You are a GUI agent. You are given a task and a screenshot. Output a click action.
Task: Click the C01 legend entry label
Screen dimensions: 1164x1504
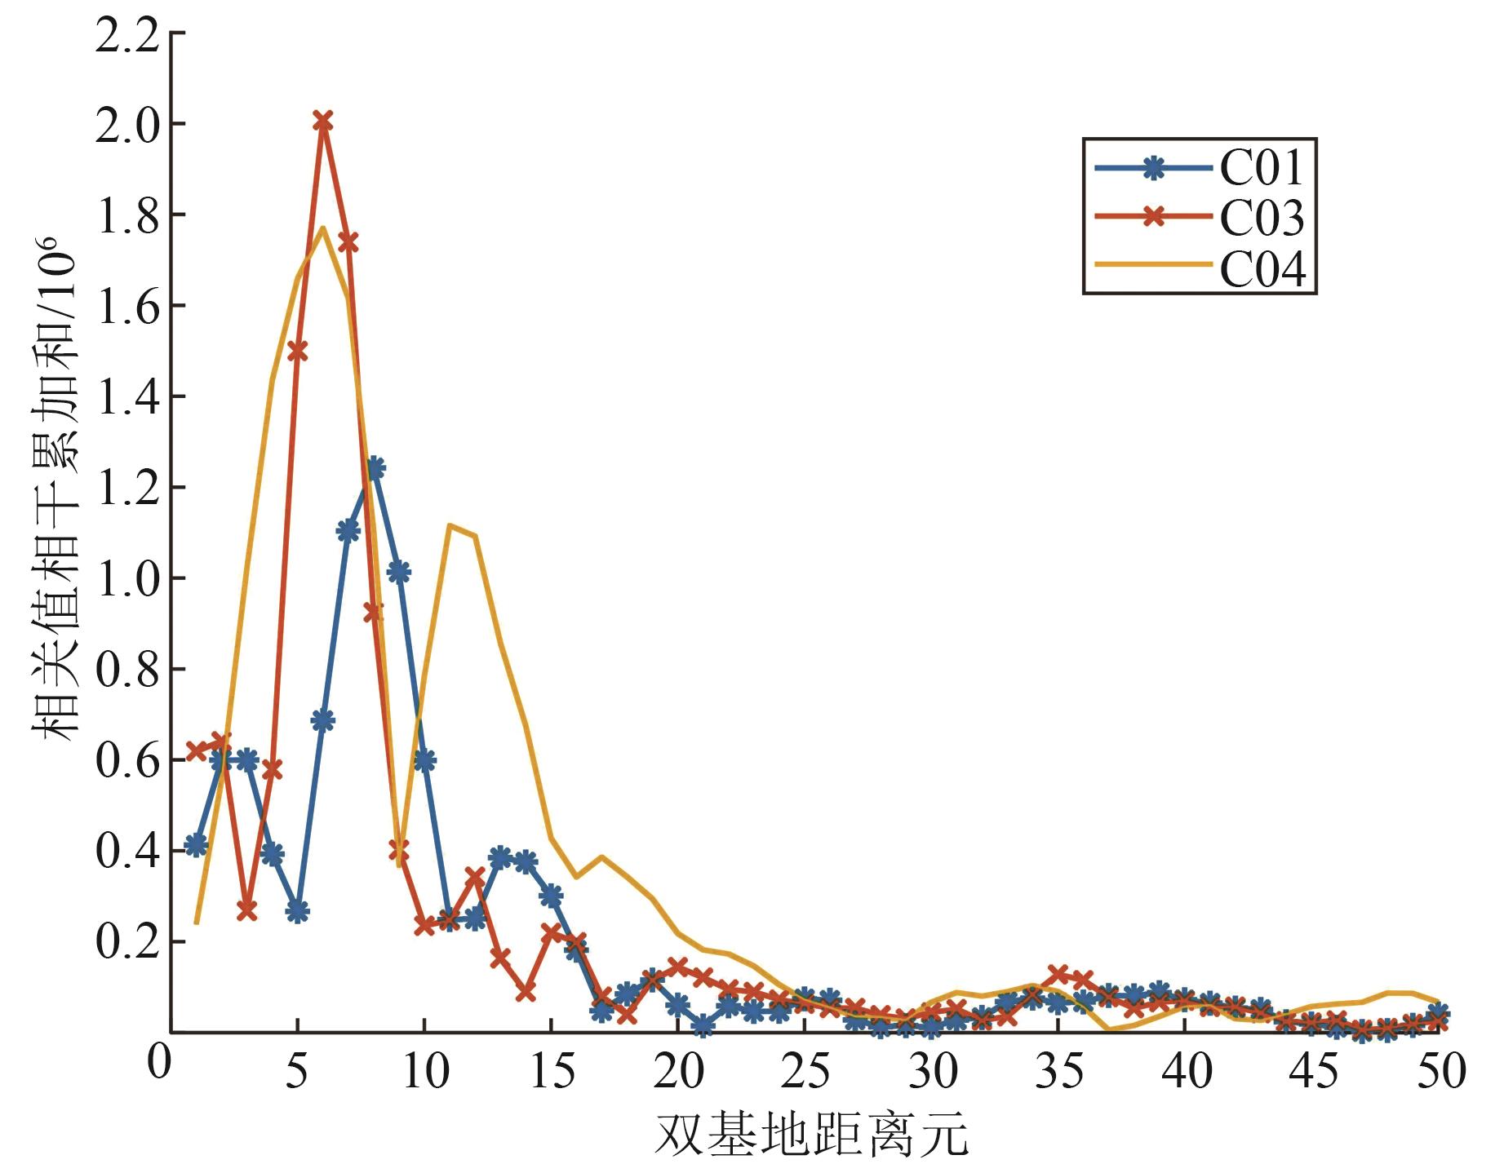pos(1262,168)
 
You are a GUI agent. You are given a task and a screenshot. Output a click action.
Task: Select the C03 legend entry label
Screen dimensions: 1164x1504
pos(1262,218)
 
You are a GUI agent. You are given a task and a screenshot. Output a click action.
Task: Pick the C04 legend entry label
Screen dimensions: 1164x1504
pos(1262,268)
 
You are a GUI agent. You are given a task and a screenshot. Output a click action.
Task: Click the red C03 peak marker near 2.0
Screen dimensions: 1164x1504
pos(323,122)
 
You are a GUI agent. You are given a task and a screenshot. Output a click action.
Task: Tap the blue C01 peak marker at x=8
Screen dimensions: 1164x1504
pos(375,468)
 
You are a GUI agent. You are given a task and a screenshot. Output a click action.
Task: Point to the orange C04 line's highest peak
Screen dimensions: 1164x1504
pos(323,228)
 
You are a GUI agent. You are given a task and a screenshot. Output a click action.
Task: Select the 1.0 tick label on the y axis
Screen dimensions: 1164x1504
pos(127,578)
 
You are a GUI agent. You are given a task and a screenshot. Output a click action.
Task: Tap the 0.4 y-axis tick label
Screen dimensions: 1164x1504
pos(127,851)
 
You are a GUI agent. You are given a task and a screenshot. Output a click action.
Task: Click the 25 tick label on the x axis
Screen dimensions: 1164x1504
pos(805,1070)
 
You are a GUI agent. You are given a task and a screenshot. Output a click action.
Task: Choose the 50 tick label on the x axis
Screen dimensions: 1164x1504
pos(1441,1070)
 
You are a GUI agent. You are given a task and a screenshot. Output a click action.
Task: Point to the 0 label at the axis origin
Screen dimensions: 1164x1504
pos(158,1061)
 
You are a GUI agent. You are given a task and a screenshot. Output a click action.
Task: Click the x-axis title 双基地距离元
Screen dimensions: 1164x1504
pos(811,1135)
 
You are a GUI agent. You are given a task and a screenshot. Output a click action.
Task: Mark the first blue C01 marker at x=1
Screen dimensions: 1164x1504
pos(196,845)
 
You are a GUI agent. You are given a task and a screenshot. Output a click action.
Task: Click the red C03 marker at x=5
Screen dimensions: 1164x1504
pos(298,351)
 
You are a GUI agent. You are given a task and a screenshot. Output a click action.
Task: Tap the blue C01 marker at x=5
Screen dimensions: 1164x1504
pos(298,911)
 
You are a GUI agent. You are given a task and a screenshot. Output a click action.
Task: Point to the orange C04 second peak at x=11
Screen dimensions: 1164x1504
pos(450,525)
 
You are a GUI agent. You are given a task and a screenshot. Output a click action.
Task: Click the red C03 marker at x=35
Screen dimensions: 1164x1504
pos(1058,974)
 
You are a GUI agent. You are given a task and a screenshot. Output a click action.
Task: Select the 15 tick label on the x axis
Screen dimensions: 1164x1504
pos(552,1070)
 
